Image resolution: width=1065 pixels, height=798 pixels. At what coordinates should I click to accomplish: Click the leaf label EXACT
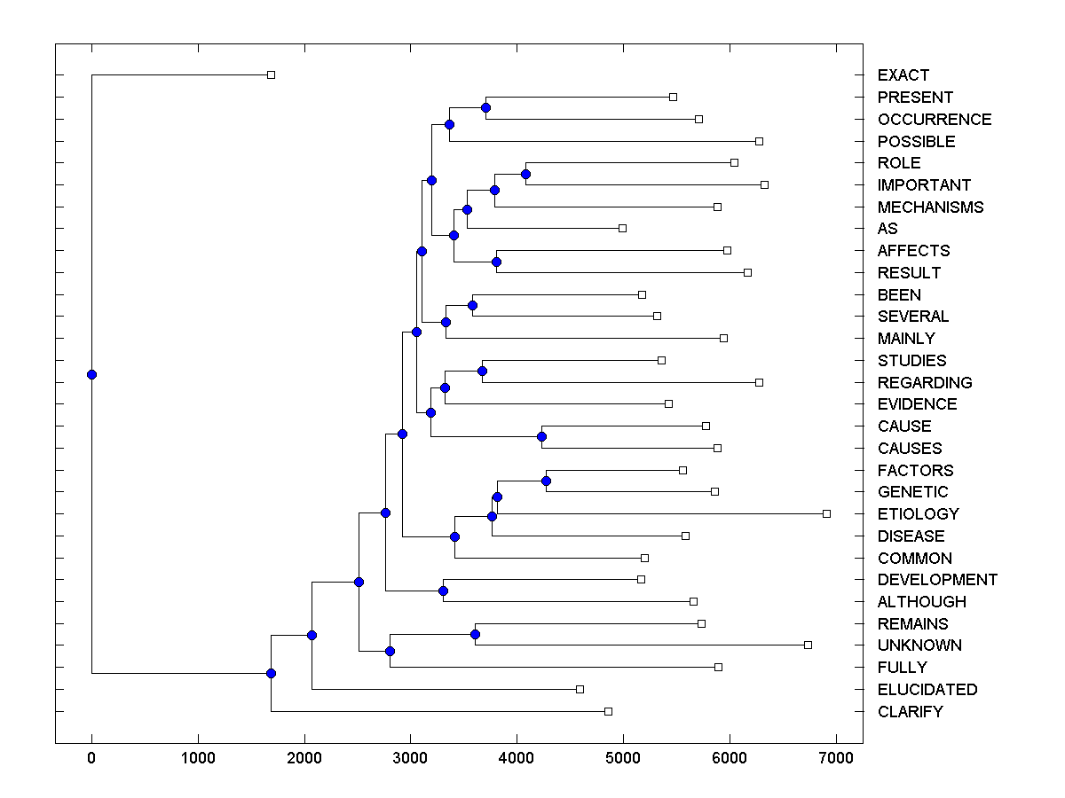point(903,75)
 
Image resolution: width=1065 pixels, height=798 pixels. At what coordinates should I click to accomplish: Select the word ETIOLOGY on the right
point(918,514)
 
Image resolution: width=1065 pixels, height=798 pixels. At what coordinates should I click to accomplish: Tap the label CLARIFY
point(910,712)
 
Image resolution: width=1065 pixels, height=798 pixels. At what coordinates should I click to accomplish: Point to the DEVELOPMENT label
point(937,580)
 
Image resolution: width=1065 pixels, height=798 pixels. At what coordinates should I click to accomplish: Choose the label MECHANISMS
point(930,207)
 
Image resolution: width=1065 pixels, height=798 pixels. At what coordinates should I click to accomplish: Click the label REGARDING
point(925,383)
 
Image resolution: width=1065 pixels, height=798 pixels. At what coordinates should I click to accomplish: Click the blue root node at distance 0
point(91,374)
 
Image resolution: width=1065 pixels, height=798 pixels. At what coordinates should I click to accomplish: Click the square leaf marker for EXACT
point(272,74)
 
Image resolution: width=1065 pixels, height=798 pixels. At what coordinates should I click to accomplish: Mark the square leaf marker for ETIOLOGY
point(826,513)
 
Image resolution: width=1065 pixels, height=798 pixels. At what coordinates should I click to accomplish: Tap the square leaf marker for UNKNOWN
point(808,645)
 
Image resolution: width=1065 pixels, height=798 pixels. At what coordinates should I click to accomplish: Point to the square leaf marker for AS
point(622,228)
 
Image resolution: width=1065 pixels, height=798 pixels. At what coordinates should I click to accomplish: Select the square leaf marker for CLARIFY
point(608,711)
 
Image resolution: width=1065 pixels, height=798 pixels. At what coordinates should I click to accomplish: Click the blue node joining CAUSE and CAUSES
point(541,436)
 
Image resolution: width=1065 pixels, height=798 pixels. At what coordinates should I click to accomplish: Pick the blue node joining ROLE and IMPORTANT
point(525,174)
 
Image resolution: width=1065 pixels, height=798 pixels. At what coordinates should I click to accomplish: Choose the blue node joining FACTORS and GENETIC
point(546,481)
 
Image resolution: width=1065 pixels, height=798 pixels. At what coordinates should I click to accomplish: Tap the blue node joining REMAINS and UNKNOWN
point(475,634)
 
